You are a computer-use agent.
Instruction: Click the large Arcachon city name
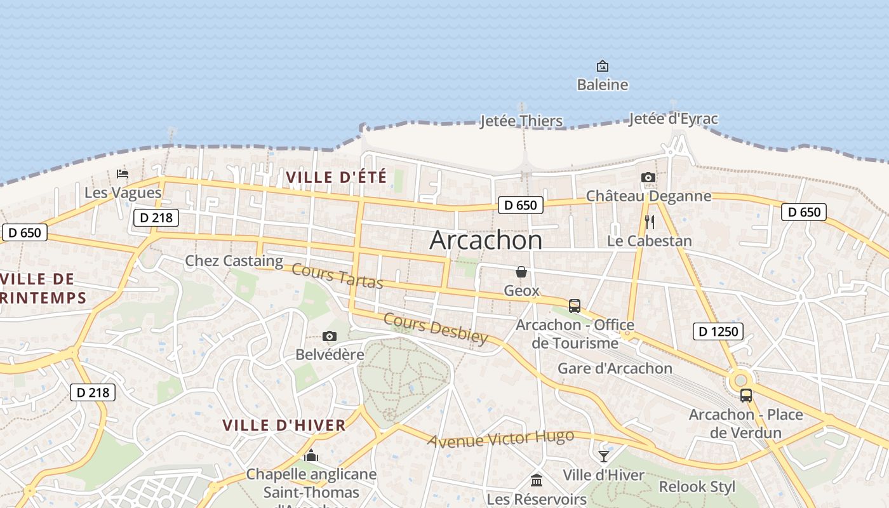click(x=486, y=241)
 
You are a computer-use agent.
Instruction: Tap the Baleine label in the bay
click(x=602, y=84)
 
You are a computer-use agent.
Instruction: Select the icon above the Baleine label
click(x=602, y=65)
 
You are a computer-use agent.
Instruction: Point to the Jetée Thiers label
click(x=521, y=121)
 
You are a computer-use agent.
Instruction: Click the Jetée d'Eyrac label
click(x=673, y=119)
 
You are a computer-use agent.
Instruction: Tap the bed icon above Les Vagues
click(x=123, y=173)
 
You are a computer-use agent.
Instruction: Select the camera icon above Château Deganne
click(x=648, y=177)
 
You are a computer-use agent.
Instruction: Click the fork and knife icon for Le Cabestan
click(x=649, y=222)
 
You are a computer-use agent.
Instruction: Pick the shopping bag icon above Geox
click(x=521, y=272)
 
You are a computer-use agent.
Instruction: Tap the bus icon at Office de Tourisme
click(x=575, y=306)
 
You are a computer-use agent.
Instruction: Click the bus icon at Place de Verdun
click(x=746, y=396)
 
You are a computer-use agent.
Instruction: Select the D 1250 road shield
click(x=718, y=331)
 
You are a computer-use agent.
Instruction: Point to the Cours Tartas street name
click(x=337, y=276)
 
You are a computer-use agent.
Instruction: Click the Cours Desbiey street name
click(x=436, y=328)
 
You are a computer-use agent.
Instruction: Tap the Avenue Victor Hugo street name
click(x=501, y=438)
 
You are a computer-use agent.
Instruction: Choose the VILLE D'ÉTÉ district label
click(x=336, y=177)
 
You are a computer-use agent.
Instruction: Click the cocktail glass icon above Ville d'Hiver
click(x=603, y=457)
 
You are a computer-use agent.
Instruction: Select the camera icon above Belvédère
click(x=330, y=337)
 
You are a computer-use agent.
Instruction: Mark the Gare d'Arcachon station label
click(x=614, y=368)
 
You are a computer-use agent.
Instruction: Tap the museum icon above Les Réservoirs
click(x=537, y=480)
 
